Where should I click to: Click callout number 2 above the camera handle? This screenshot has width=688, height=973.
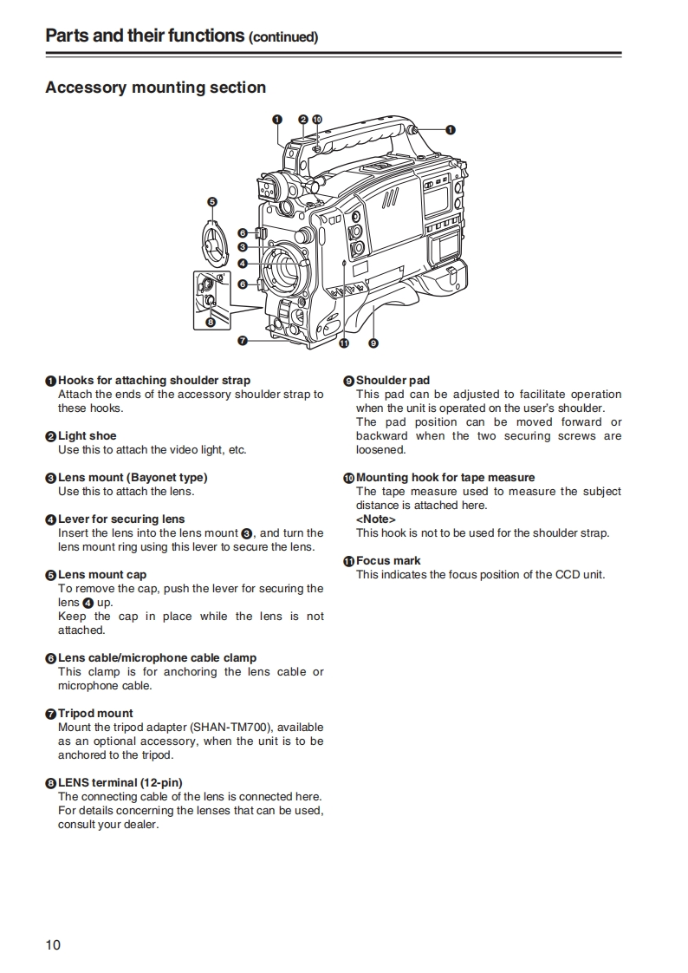click(x=302, y=119)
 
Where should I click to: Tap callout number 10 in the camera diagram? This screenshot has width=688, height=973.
click(x=316, y=119)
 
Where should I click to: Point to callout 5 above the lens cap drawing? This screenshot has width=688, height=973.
click(x=212, y=201)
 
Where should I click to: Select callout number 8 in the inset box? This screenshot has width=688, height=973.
click(x=210, y=322)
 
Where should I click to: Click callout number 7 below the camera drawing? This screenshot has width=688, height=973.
click(x=243, y=341)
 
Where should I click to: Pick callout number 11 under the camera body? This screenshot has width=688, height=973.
click(x=344, y=343)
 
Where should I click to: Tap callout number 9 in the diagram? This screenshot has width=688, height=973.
click(x=373, y=343)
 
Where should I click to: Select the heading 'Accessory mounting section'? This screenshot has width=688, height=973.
click(x=155, y=88)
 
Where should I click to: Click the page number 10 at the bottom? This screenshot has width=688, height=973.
click(x=53, y=944)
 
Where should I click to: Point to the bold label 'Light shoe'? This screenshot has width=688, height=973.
click(x=87, y=436)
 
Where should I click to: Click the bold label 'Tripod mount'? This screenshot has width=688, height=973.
click(x=95, y=714)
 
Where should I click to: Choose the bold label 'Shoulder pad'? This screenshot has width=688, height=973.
click(x=393, y=381)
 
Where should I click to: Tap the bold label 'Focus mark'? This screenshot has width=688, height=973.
click(x=388, y=561)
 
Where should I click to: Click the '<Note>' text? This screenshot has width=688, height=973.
click(x=375, y=519)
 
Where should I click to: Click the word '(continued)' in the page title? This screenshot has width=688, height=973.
click(x=283, y=37)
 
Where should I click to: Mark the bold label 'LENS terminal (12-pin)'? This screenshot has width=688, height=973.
click(x=120, y=783)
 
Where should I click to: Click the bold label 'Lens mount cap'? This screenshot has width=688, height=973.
click(x=102, y=575)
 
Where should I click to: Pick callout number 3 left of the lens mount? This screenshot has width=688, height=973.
click(x=243, y=247)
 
